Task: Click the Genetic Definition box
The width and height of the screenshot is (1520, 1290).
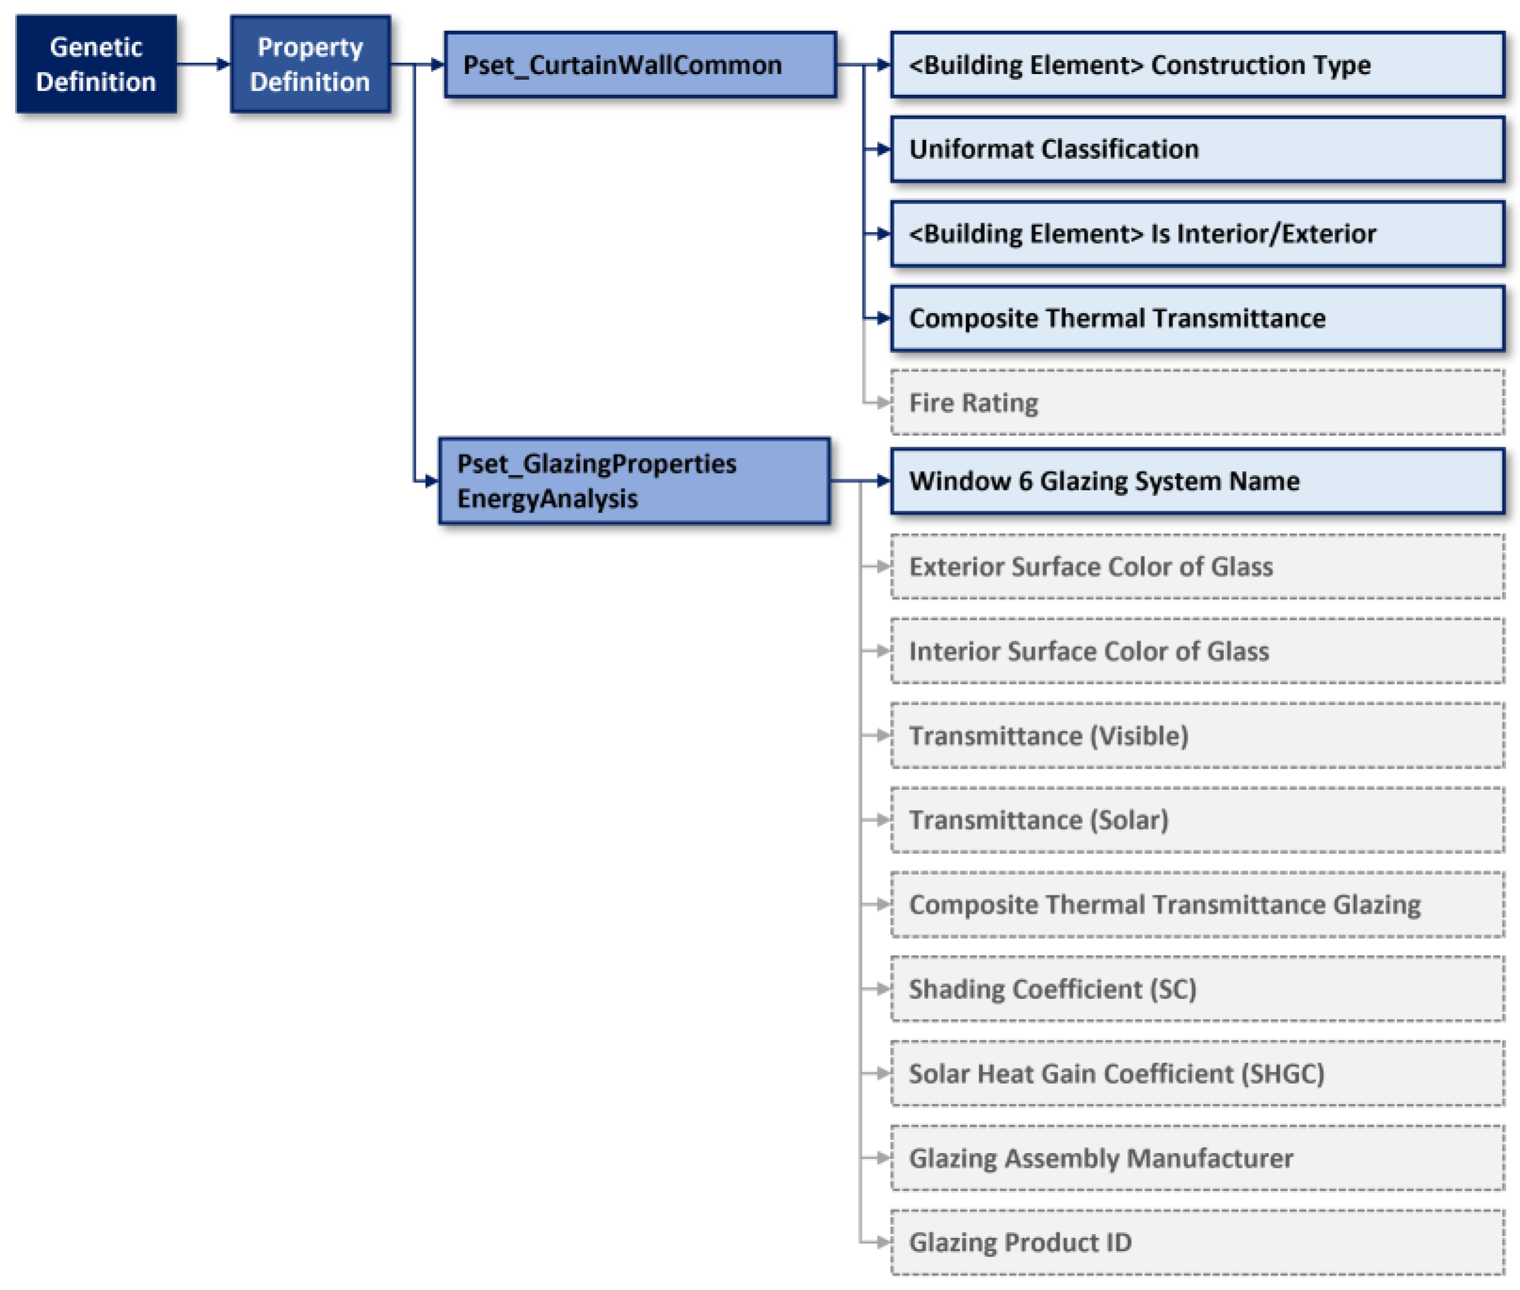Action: [x=96, y=65]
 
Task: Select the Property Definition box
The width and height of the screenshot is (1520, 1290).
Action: [x=309, y=65]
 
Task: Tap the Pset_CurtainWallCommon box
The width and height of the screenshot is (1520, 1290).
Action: [x=639, y=65]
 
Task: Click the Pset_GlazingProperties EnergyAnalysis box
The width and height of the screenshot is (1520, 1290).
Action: [x=633, y=481]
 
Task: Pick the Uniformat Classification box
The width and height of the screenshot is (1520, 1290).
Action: [x=1196, y=149]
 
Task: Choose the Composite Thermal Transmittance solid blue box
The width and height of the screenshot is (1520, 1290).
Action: [x=1196, y=318]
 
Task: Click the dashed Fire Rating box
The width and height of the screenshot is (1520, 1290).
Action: [x=1196, y=402]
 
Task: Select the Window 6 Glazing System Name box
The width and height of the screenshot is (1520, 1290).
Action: [x=1196, y=481]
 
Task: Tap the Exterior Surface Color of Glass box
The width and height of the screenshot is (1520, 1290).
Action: [x=1196, y=566]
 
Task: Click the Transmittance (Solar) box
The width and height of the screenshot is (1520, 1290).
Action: [x=1196, y=820]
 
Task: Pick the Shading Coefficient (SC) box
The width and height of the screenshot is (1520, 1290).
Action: [x=1196, y=989]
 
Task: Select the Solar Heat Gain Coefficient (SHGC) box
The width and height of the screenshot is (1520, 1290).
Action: [x=1196, y=1073]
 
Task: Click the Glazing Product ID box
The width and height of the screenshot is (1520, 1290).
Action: [x=1196, y=1242]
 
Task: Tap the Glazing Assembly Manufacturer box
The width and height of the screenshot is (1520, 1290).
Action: [x=1196, y=1158]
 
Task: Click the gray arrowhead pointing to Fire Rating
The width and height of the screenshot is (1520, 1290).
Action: [x=883, y=402]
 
